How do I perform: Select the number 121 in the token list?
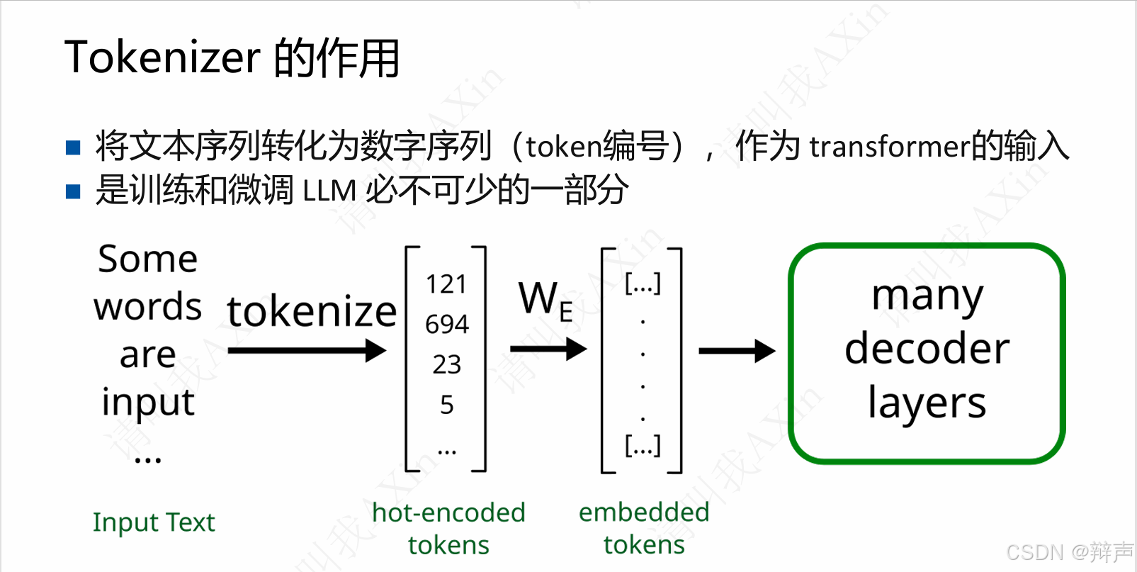(446, 284)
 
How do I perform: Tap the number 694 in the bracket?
(446, 324)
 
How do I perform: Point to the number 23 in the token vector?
(446, 364)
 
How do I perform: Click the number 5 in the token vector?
(446, 405)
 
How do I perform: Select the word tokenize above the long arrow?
(312, 311)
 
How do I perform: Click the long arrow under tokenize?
(307, 350)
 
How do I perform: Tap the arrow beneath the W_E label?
(548, 349)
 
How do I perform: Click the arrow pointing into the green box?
(737, 350)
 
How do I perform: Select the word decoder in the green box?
(927, 349)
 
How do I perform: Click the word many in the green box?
(927, 296)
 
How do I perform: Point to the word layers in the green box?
(927, 403)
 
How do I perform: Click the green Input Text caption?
(154, 522)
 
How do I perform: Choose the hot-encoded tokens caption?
(448, 529)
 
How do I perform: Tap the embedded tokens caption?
(644, 528)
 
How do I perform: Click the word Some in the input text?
(147, 259)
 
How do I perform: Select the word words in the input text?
(147, 306)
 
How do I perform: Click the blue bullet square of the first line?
(73, 147)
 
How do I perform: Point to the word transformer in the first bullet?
(889, 147)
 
